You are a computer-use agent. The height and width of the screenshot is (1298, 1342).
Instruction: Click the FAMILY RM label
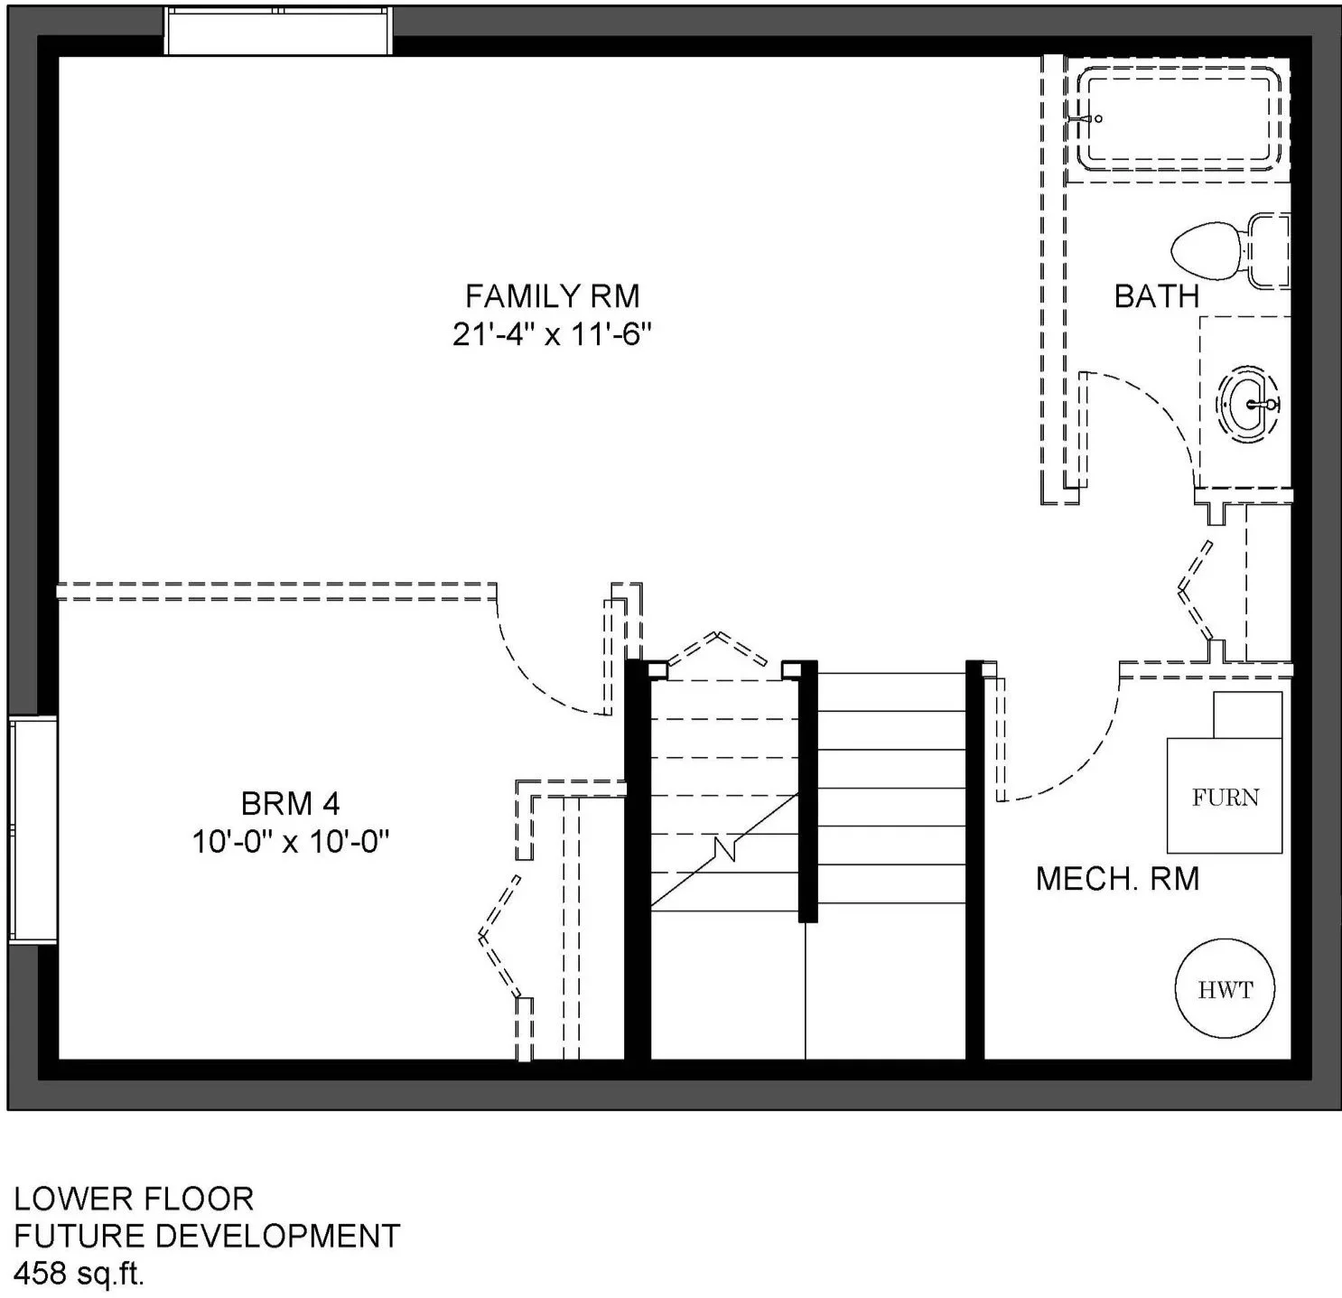tap(553, 296)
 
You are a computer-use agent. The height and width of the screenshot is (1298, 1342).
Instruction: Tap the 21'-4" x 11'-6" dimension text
tap(552, 335)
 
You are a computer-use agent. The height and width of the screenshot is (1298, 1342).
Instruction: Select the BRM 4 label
tap(290, 804)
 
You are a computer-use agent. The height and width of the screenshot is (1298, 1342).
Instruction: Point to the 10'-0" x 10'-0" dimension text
tap(290, 842)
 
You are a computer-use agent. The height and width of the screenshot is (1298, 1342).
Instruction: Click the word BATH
tap(1157, 296)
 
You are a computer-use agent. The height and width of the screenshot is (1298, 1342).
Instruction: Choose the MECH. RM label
tap(1117, 879)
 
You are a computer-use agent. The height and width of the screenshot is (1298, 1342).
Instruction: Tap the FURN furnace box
tap(1224, 796)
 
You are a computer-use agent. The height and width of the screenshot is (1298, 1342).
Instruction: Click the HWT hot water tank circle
tap(1225, 988)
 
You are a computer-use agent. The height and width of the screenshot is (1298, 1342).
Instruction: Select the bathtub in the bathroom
tap(1179, 118)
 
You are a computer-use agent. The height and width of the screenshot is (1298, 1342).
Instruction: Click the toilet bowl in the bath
tap(1207, 251)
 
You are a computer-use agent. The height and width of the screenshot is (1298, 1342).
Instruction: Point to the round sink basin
tap(1247, 404)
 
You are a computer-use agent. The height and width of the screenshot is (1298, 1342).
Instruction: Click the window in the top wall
tap(278, 31)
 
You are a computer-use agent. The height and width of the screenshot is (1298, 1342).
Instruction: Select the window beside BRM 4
tap(33, 830)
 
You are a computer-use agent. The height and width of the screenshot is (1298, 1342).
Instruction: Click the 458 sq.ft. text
tap(79, 1274)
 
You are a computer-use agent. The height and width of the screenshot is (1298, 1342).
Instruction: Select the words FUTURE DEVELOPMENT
tap(207, 1236)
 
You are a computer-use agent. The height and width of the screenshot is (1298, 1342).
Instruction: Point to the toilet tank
tap(1268, 250)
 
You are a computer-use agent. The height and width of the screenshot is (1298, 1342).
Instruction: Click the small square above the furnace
tap(1247, 714)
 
